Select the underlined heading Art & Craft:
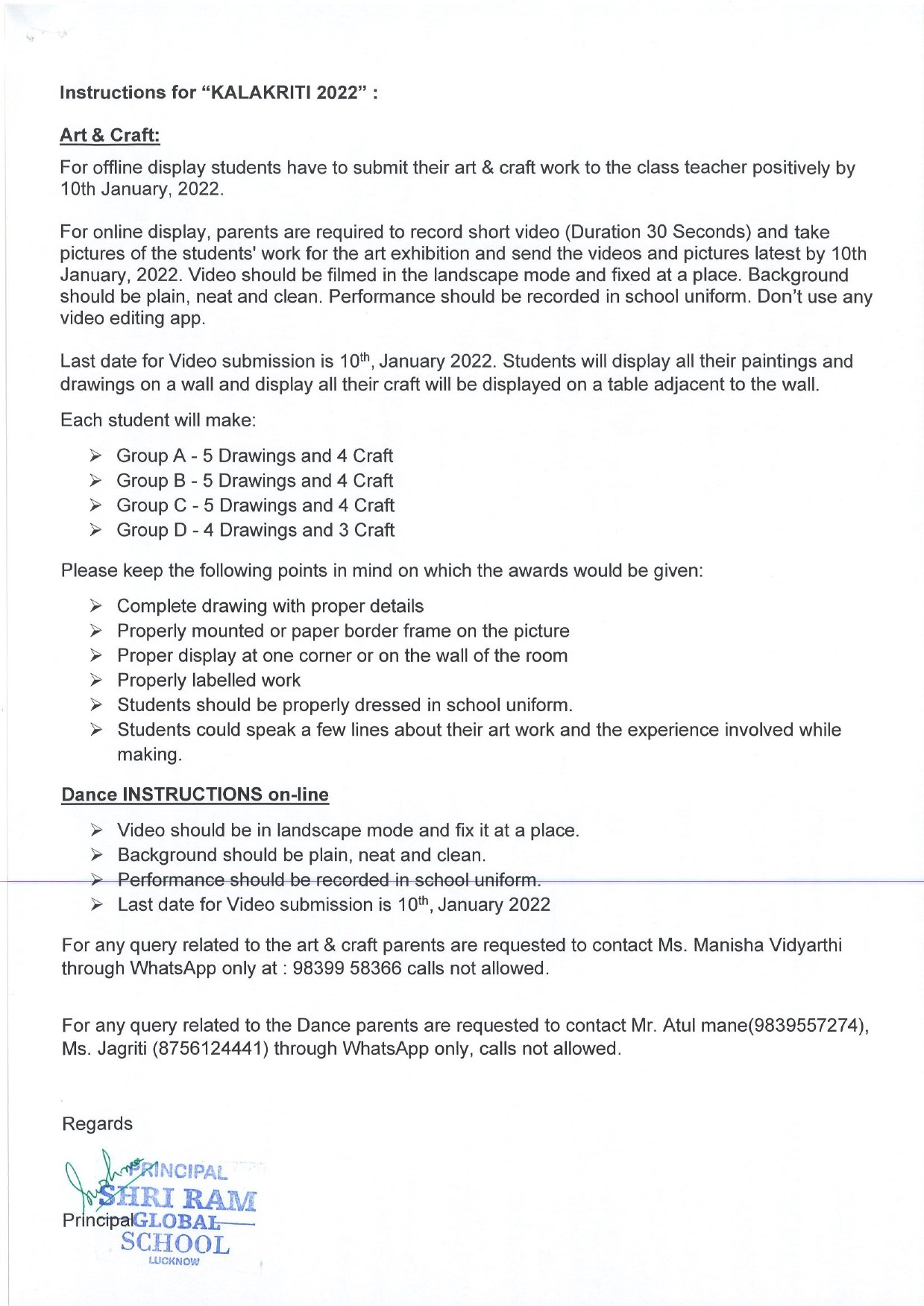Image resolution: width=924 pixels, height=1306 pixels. pyautogui.click(x=110, y=135)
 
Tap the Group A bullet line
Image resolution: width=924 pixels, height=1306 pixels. pyautogui.click(x=254, y=455)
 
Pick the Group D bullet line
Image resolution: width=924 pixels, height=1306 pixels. pyautogui.click(x=255, y=530)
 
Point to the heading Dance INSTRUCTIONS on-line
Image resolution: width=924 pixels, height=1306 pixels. pyautogui.click(x=195, y=795)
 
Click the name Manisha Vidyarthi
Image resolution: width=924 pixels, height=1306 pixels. pyautogui.click(x=767, y=945)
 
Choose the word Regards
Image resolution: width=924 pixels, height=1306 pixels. pyautogui.click(x=97, y=1123)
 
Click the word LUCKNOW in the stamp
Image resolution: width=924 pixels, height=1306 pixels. pyautogui.click(x=174, y=1261)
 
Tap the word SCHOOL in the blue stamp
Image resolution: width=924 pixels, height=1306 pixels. pyautogui.click(x=175, y=1243)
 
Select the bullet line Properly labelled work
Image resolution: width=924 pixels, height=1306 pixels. pyautogui.click(x=208, y=680)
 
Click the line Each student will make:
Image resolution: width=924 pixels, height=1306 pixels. pyautogui.click(x=158, y=420)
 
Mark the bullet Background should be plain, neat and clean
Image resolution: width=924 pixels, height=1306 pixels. pyautogui.click(x=301, y=855)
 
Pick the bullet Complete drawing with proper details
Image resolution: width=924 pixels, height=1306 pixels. pyautogui.click(x=270, y=606)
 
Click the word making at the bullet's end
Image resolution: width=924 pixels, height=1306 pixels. pyautogui.click(x=148, y=754)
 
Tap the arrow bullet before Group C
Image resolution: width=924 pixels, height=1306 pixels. pyautogui.click(x=95, y=505)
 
